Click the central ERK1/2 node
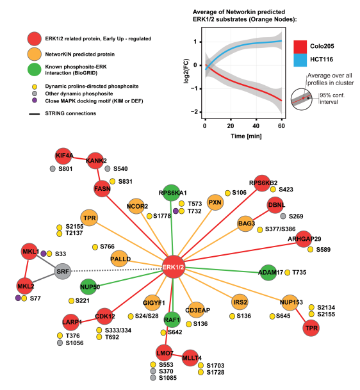click(174, 267)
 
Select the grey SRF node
click(63, 271)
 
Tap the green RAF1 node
click(172, 320)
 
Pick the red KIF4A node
click(63, 156)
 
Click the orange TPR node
click(89, 218)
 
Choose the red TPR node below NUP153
click(311, 328)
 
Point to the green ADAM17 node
click(268, 273)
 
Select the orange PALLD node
click(120, 259)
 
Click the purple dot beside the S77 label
click(18, 298)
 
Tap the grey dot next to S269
click(283, 216)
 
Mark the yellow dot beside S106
click(227, 193)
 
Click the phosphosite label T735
click(299, 272)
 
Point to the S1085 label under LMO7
click(168, 378)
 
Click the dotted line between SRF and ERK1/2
click(117, 270)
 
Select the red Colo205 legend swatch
click(300, 47)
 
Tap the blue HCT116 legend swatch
click(300, 60)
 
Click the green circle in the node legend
click(35, 69)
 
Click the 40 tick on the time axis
click(256, 126)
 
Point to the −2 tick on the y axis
click(195, 112)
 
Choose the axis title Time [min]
click(246, 136)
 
